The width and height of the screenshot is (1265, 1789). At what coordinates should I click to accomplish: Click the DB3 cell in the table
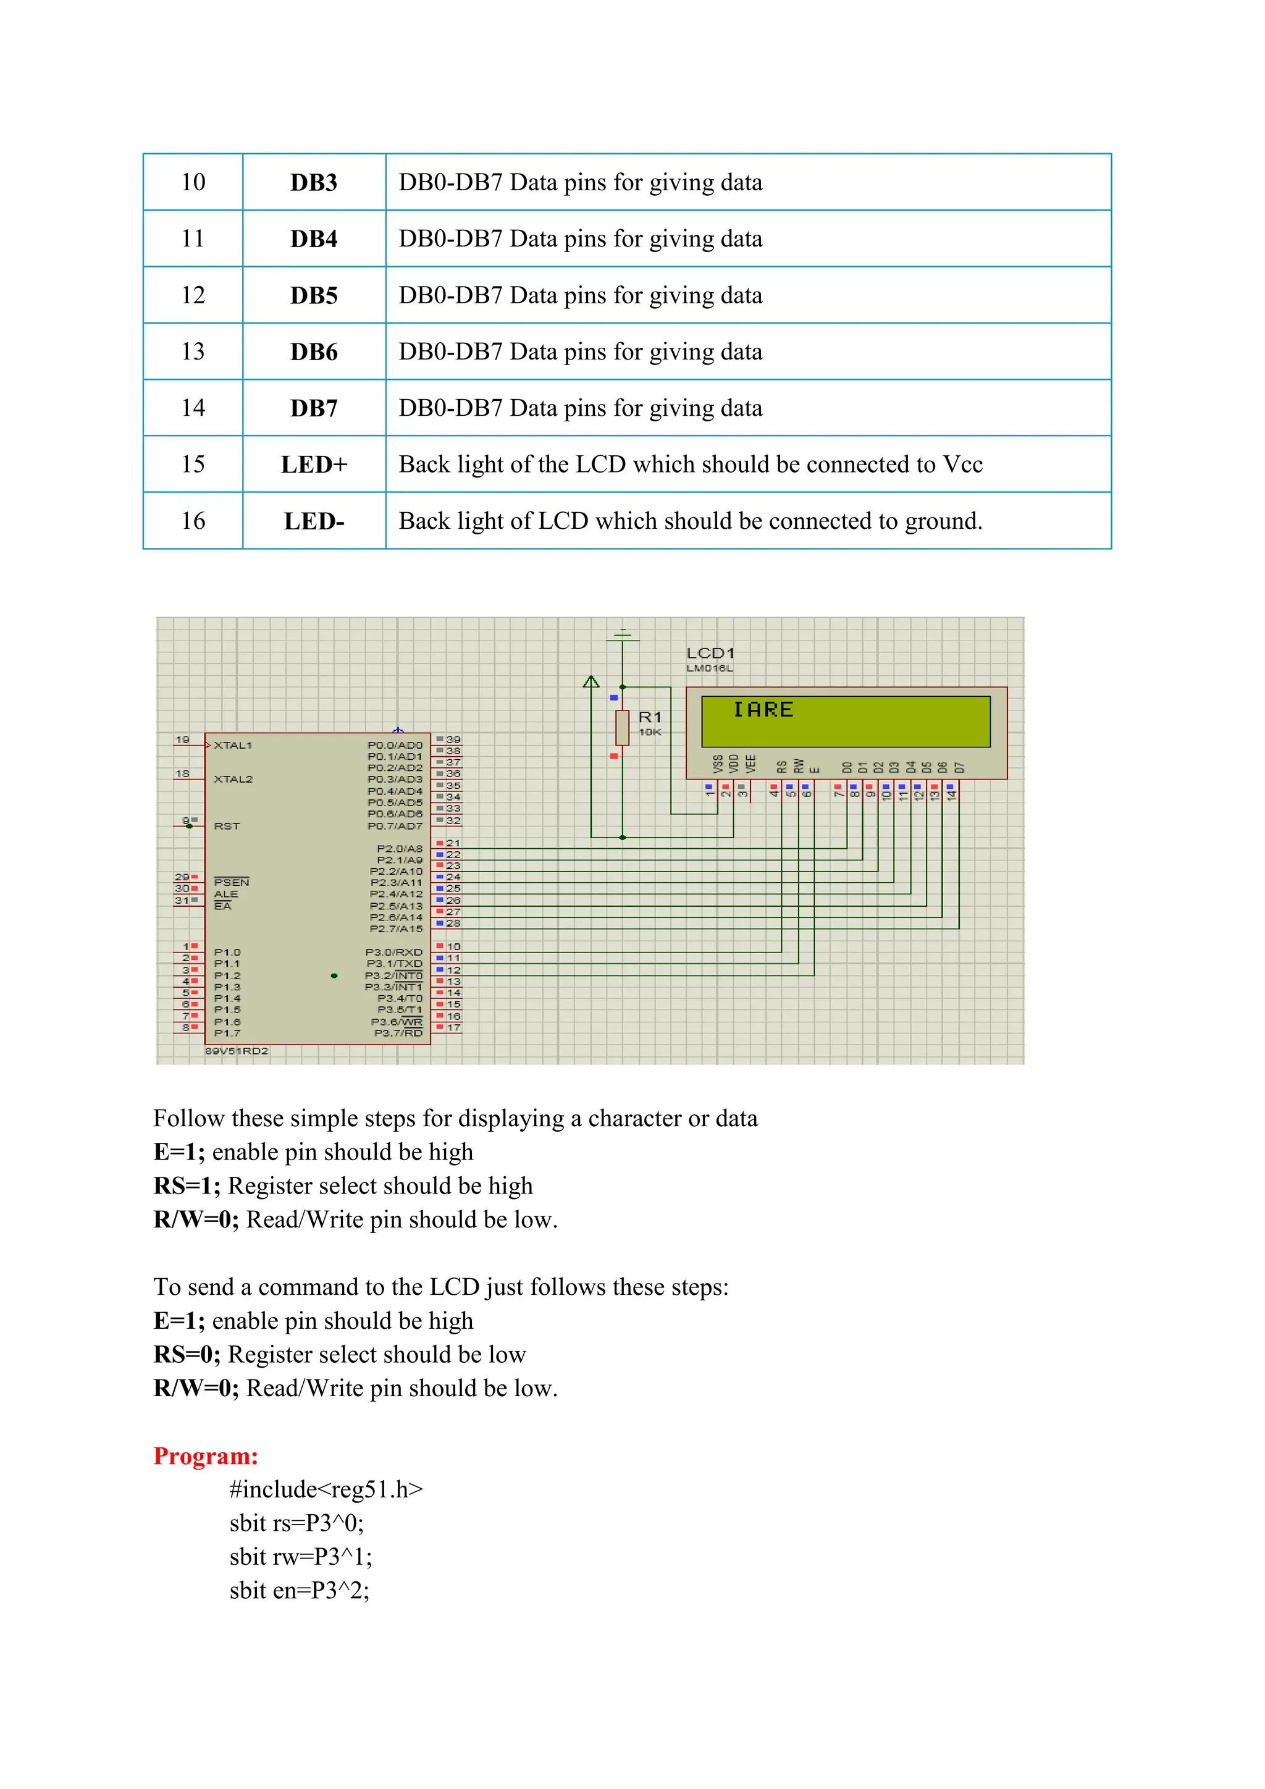tap(313, 182)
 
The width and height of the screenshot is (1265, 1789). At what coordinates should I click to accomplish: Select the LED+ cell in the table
tap(313, 465)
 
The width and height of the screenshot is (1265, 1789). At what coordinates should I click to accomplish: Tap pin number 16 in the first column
tap(193, 521)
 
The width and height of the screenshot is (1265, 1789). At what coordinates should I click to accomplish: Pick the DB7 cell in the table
tap(313, 408)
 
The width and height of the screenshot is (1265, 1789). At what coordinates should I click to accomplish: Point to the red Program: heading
tap(206, 1455)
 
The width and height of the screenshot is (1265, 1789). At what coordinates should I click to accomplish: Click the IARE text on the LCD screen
tap(763, 710)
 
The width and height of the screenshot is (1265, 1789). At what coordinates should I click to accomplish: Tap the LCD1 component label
tap(710, 653)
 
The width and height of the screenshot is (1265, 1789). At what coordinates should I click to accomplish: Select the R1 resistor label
tap(650, 717)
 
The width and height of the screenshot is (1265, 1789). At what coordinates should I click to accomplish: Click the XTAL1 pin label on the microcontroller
tap(233, 746)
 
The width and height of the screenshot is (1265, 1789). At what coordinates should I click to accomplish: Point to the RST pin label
tap(227, 826)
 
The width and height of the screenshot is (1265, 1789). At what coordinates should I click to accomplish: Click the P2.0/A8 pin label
tap(400, 849)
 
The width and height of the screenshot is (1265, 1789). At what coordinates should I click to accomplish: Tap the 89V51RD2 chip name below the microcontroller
tap(237, 1051)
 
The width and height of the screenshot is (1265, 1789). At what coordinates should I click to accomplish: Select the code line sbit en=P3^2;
tap(299, 1590)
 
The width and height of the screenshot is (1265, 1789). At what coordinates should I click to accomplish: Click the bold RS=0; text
tap(187, 1355)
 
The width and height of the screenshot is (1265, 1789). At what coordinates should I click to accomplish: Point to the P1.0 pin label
tap(227, 952)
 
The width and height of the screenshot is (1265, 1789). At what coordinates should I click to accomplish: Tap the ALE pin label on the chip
tap(226, 894)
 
